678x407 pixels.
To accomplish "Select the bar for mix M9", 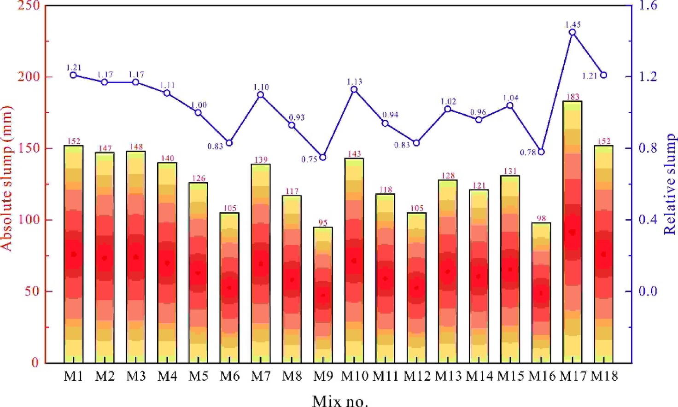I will (323, 295).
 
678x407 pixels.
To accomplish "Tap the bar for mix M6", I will (229, 288).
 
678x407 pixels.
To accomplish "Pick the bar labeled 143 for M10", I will (354, 260).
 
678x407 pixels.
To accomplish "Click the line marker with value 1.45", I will (573, 32).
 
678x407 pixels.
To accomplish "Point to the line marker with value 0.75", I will (323, 157).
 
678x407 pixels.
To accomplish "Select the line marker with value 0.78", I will (541, 152).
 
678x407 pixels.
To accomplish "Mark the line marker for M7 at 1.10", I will (261, 95).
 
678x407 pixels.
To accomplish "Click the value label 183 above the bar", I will (573, 97).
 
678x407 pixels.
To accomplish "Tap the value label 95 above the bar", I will (323, 223).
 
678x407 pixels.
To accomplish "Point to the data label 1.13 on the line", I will (354, 81).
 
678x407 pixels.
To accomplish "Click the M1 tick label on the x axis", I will (73, 376).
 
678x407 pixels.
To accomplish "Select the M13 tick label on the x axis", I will (448, 376).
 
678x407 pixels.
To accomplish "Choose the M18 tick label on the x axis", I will (604, 376).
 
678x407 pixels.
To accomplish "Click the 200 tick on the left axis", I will (29, 76).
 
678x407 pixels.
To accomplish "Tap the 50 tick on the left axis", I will (32, 291).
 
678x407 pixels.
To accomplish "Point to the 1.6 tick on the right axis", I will (648, 6).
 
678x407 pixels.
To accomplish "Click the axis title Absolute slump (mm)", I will (6, 179).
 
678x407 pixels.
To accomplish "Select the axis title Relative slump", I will (670, 184).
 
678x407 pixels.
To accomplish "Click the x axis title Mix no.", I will (340, 401).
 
